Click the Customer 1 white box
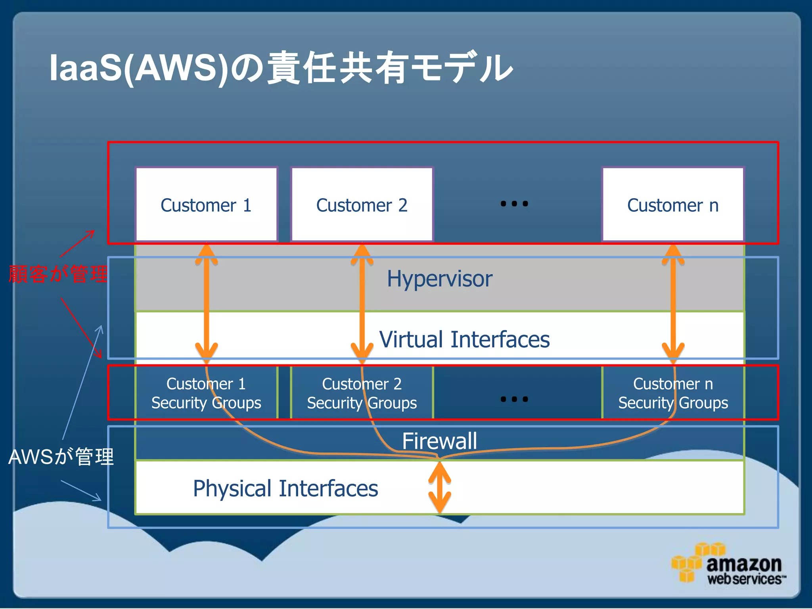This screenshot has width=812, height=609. [206, 205]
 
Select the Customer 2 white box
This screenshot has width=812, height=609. [362, 205]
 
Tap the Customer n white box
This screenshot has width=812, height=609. [673, 205]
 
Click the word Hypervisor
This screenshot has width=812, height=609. [439, 278]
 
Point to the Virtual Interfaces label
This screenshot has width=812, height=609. [464, 339]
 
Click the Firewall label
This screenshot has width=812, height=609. [439, 441]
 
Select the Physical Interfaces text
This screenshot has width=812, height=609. [285, 488]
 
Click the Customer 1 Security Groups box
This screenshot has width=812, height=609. [206, 393]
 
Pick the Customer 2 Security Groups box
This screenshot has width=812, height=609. [362, 393]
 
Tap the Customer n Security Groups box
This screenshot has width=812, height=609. [673, 393]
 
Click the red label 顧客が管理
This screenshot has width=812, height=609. [58, 274]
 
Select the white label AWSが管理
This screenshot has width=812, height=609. [61, 456]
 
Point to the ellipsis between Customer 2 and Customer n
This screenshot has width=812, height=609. [514, 204]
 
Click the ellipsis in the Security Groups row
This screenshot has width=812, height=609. [514, 399]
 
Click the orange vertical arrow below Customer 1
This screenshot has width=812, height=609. [206, 303]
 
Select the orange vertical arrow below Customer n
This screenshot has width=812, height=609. [673, 303]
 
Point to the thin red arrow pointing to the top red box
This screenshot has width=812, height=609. [77, 243]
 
